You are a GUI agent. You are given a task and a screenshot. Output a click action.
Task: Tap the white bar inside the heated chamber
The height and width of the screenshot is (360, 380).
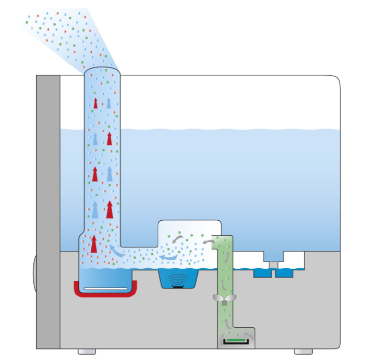pos(105,288)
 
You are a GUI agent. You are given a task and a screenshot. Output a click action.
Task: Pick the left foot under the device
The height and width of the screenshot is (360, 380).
pos(87,351)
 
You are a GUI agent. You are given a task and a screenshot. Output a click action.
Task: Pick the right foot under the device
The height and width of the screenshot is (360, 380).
pos(303,351)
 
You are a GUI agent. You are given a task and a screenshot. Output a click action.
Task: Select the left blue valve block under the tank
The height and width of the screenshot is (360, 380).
pos(261,272)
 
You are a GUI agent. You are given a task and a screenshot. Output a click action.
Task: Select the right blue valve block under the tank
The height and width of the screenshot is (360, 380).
pos(284,272)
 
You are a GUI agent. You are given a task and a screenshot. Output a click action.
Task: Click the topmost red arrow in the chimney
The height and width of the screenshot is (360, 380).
pos(95,103)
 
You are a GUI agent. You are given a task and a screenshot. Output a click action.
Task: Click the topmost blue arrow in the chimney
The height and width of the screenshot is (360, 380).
pos(109,103)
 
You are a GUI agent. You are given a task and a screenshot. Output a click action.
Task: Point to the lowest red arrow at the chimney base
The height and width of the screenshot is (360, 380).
pos(94,244)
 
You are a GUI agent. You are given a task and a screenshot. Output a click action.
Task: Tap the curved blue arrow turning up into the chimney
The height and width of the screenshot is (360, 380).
pos(116,251)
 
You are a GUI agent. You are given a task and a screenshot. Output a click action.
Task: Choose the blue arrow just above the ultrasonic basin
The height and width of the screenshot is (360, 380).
pos(170,257)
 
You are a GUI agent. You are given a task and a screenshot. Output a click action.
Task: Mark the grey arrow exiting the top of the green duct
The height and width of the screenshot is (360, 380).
pos(207,242)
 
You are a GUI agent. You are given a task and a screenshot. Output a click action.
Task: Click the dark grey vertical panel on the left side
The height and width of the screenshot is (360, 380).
pos(48,212)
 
